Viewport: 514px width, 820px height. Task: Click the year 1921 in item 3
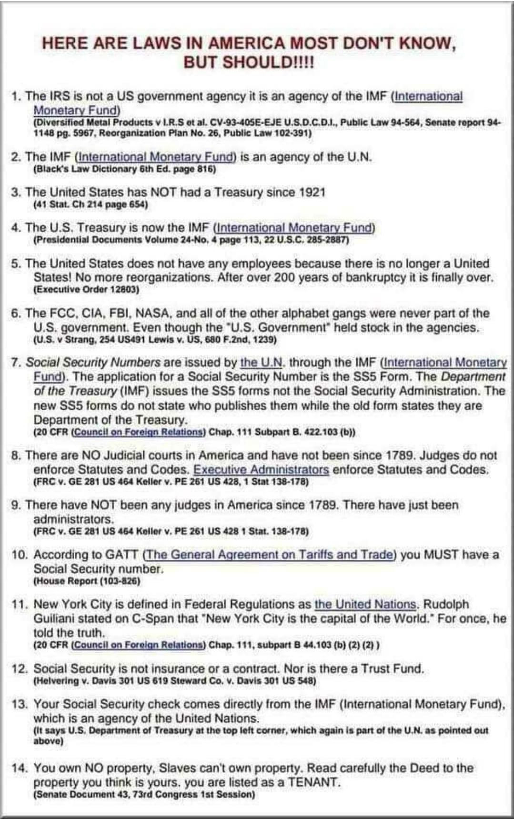[312, 192]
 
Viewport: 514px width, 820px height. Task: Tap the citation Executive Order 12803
[86, 289]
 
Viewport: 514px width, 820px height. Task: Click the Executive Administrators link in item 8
[261, 469]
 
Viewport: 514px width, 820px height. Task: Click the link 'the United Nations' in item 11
[365, 604]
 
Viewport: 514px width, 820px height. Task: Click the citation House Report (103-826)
[87, 581]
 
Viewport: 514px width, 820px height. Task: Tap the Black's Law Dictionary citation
[125, 169]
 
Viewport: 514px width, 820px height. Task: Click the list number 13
[19, 704]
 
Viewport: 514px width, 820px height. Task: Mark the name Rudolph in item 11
[446, 604]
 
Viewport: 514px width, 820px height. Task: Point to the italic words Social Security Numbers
[93, 363]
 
